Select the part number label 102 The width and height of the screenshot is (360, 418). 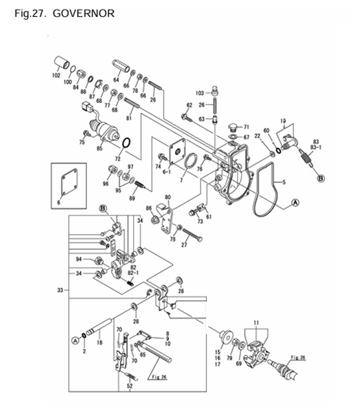pyautogui.click(x=56, y=76)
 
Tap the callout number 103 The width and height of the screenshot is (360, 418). pyautogui.click(x=199, y=93)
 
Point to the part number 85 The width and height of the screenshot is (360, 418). pyautogui.click(x=99, y=147)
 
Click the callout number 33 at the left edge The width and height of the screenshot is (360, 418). pyautogui.click(x=61, y=289)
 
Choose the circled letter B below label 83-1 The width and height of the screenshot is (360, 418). pyautogui.click(x=321, y=180)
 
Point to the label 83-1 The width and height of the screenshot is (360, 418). pyautogui.click(x=316, y=148)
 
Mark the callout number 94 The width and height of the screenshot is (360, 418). pyautogui.click(x=80, y=259)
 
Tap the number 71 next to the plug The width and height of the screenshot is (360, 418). pyautogui.click(x=246, y=127)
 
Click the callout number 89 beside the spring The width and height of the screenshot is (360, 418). pyautogui.click(x=131, y=198)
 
